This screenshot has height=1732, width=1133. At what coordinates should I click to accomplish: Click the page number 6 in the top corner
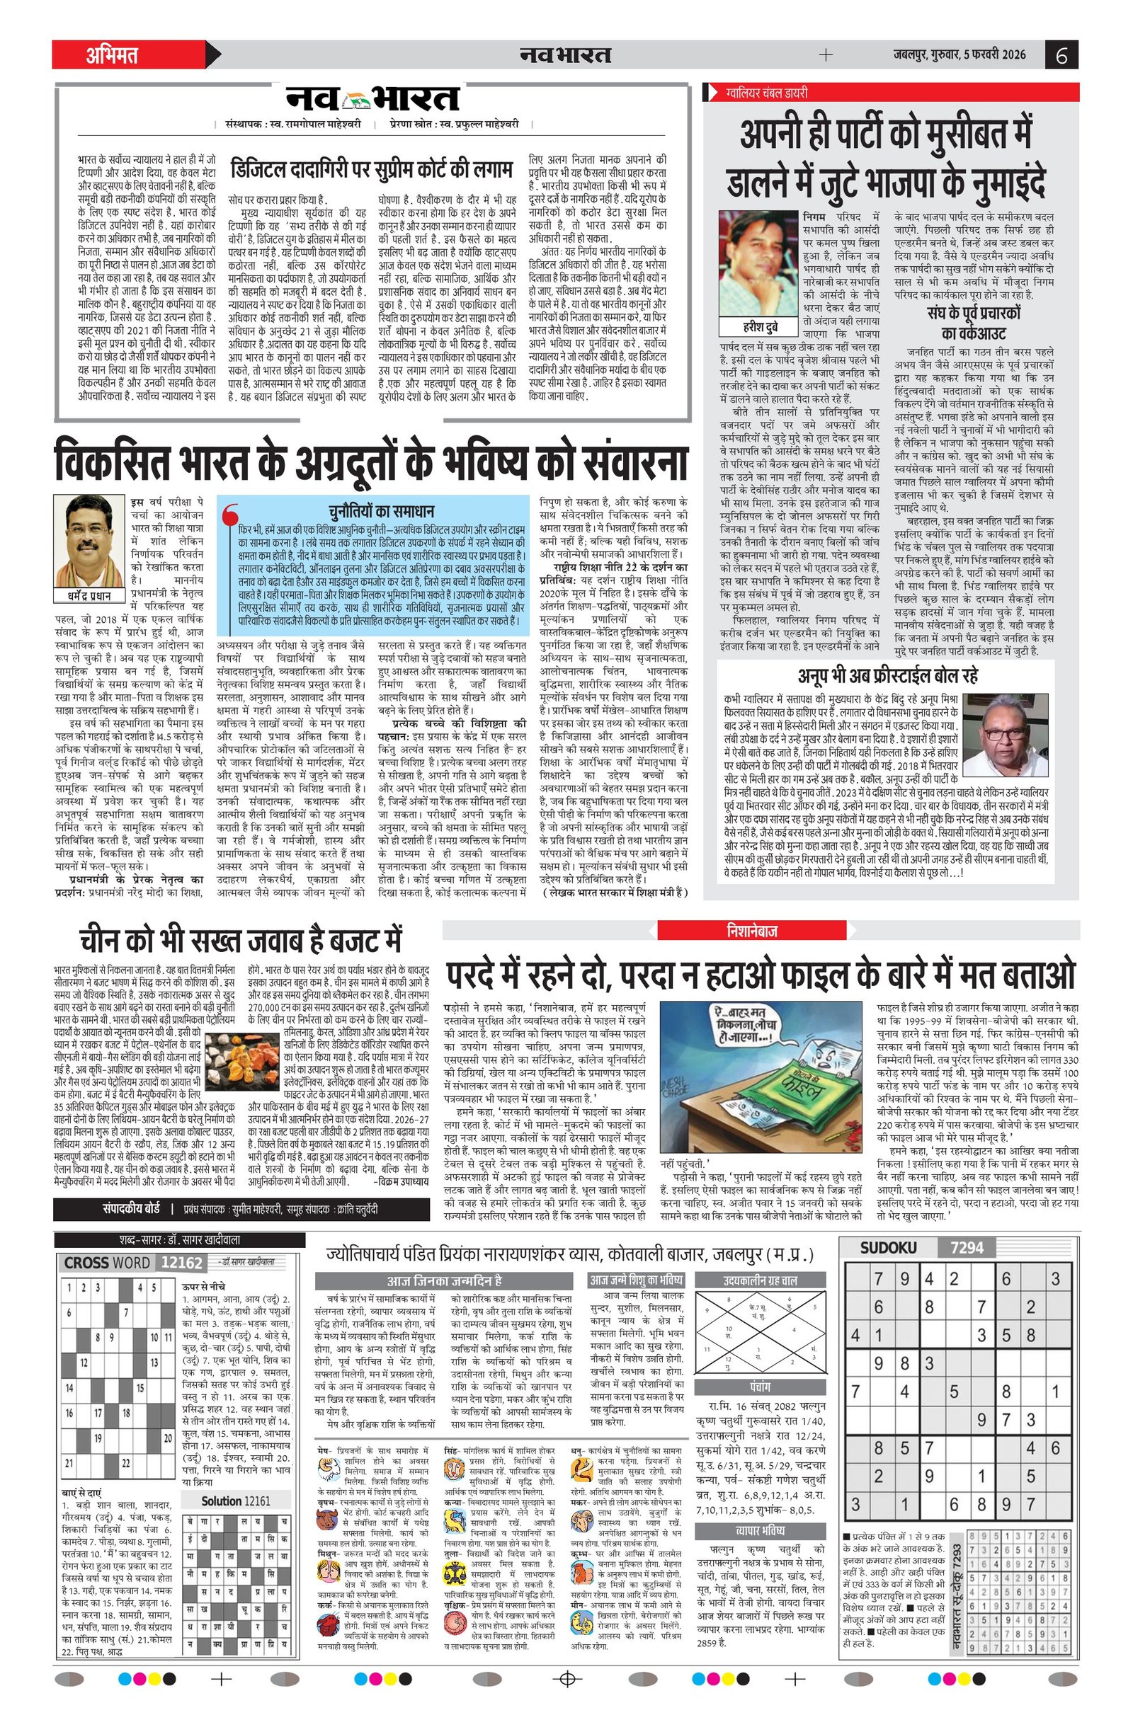[x=1061, y=55]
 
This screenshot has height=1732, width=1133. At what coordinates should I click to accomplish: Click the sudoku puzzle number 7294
[x=967, y=1248]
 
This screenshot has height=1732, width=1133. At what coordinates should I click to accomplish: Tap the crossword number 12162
[x=181, y=1263]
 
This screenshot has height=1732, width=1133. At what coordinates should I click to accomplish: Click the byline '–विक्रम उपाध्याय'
[x=398, y=1182]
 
